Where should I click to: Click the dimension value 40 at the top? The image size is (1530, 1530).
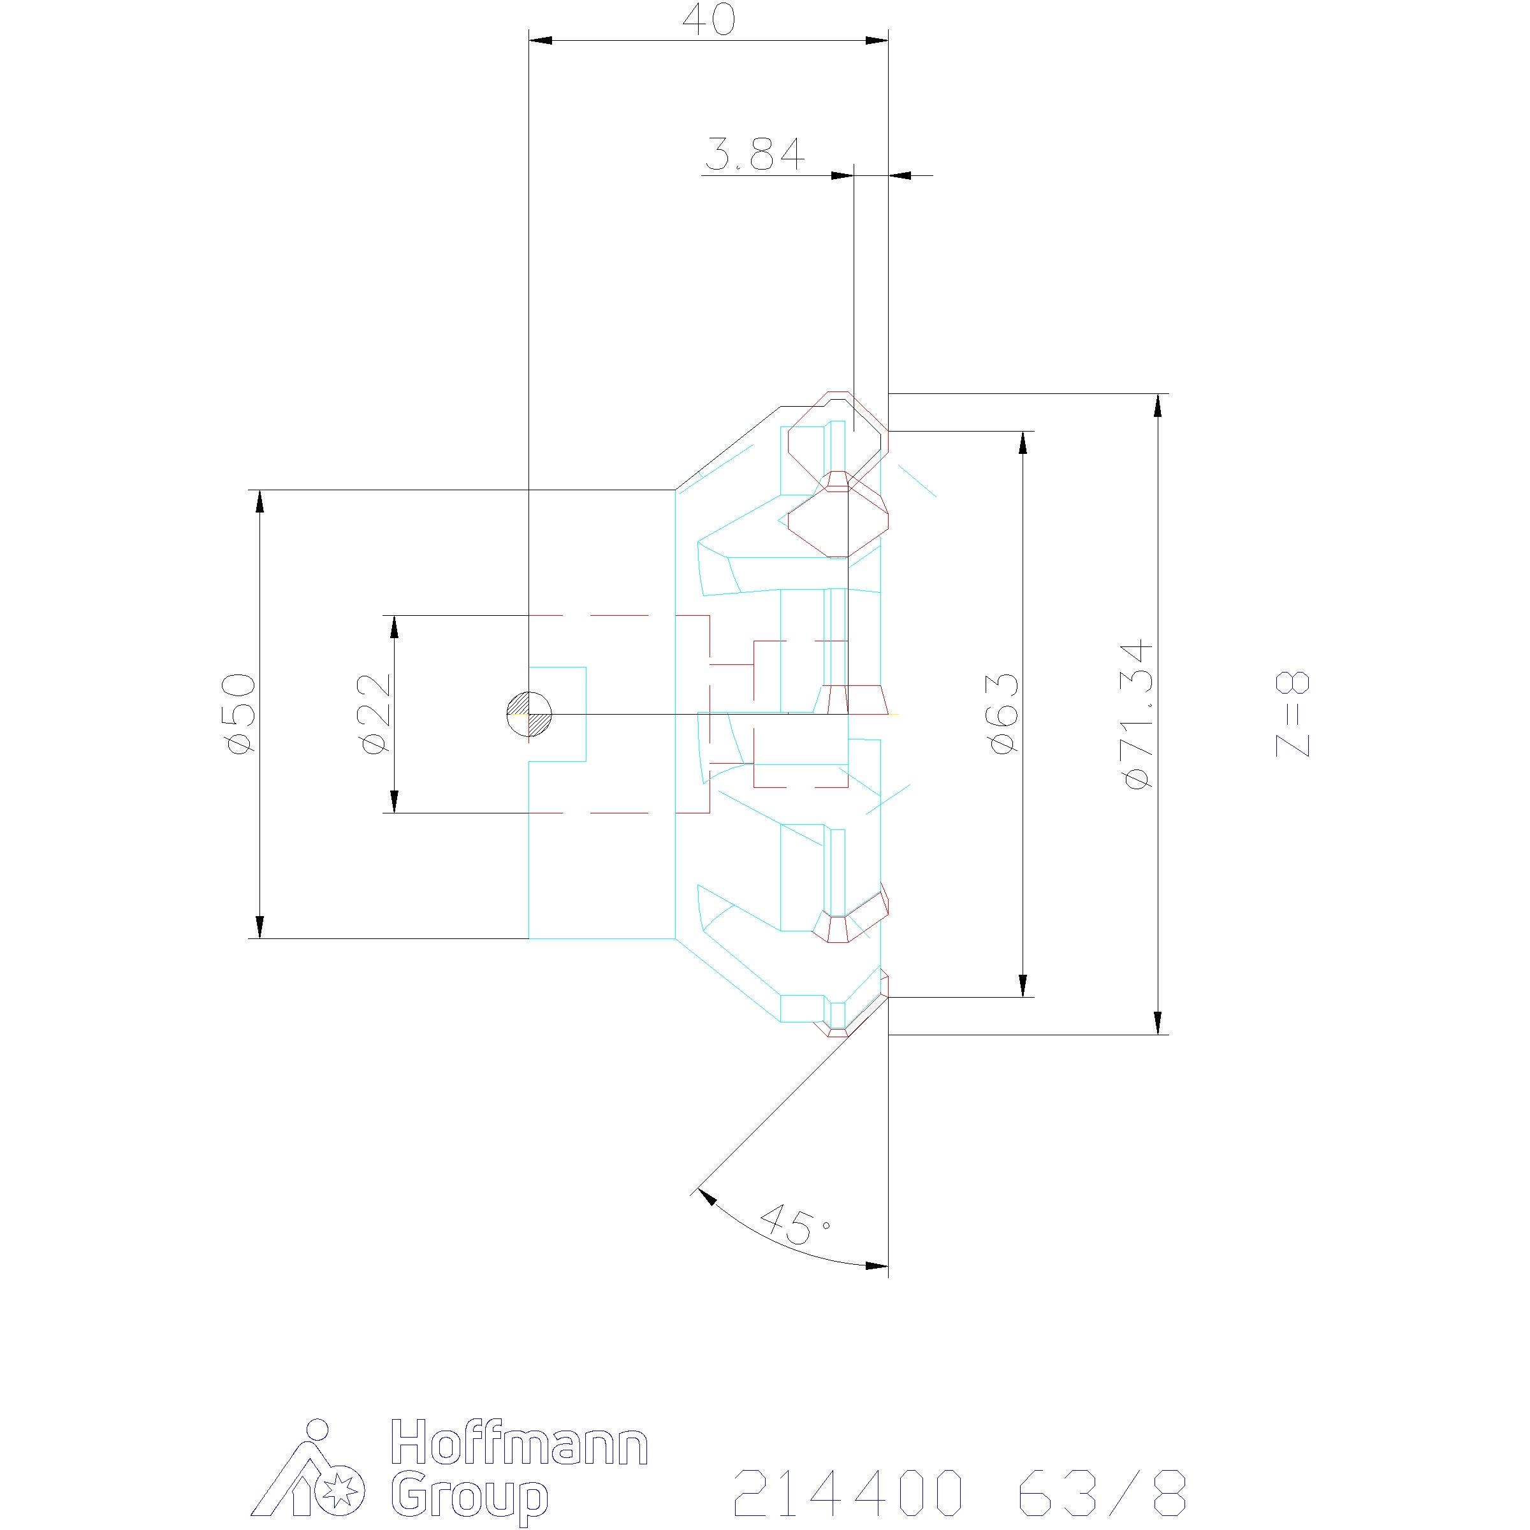(708, 20)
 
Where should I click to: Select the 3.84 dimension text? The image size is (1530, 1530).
(754, 154)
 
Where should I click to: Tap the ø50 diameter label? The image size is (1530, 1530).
(242, 713)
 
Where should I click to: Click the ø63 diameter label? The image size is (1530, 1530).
(1004, 713)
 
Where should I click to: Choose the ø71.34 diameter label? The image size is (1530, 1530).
(1138, 713)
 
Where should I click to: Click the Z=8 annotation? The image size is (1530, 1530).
(1292, 713)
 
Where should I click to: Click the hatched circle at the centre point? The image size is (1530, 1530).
(530, 714)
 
